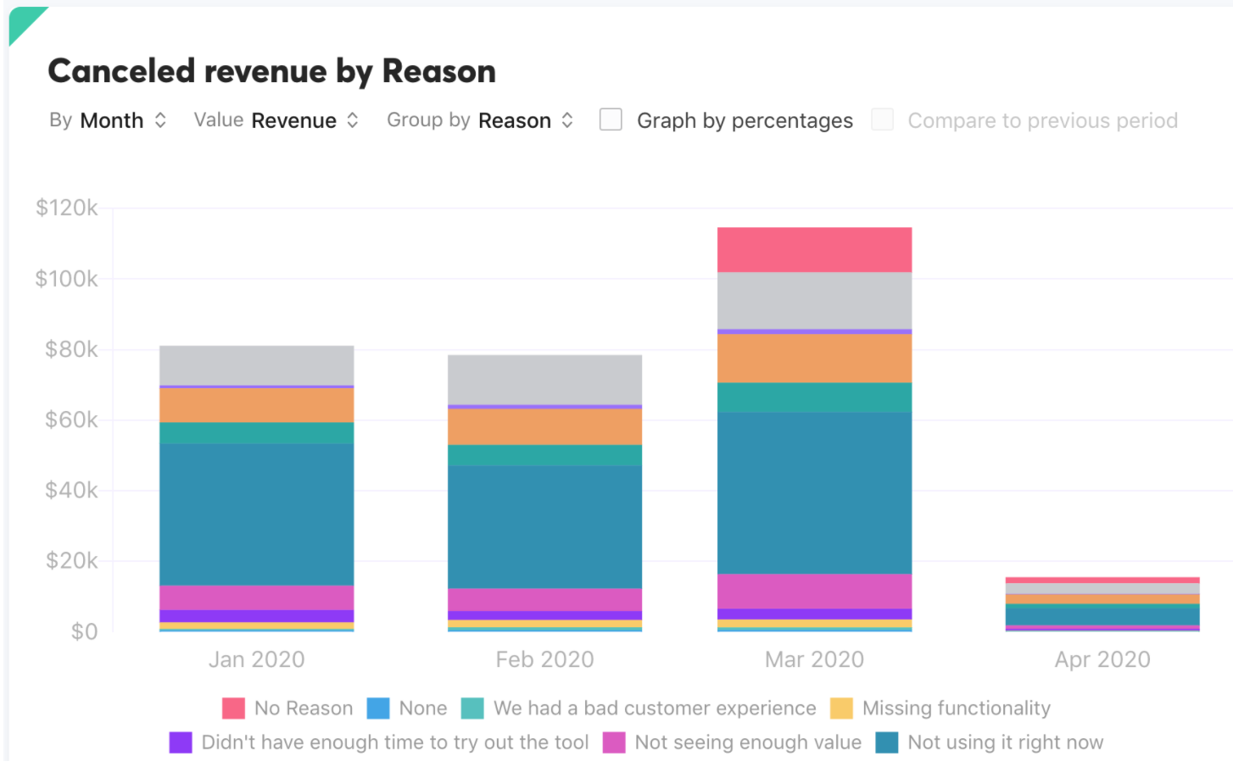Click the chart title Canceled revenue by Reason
pyautogui.click(x=271, y=71)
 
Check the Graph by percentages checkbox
pyautogui.click(x=611, y=119)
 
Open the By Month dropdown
pyautogui.click(x=109, y=120)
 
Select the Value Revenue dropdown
pyautogui.click(x=276, y=120)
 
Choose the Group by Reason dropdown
pyautogui.click(x=481, y=120)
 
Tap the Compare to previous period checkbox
pyautogui.click(x=883, y=119)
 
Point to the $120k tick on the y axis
pyautogui.click(x=67, y=208)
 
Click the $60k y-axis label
pyautogui.click(x=71, y=420)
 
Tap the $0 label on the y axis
pyautogui.click(x=84, y=631)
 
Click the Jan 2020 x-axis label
pyautogui.click(x=257, y=659)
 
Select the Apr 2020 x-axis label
pyautogui.click(x=1102, y=659)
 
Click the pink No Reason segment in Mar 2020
pyautogui.click(x=814, y=249)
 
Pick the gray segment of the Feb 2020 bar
pyautogui.click(x=544, y=380)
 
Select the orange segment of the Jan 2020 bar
pyautogui.click(x=257, y=405)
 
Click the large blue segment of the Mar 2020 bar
pyautogui.click(x=814, y=492)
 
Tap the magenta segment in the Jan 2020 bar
pyautogui.click(x=257, y=597)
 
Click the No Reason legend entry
pyautogui.click(x=287, y=708)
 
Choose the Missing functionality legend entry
pyautogui.click(x=940, y=708)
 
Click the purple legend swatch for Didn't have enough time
pyautogui.click(x=181, y=742)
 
